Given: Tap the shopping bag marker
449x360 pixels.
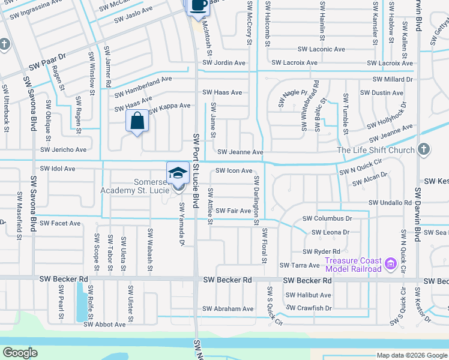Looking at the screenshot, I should (x=137, y=121).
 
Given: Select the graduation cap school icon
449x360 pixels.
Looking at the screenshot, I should (x=178, y=173).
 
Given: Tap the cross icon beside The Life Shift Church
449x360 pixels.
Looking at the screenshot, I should (x=424, y=148).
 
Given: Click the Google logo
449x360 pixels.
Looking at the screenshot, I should (x=20, y=352).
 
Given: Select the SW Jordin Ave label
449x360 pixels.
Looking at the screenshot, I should (x=224, y=62).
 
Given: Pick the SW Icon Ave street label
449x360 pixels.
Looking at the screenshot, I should (x=234, y=171).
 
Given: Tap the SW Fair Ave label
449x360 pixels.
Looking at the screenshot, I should (x=234, y=211).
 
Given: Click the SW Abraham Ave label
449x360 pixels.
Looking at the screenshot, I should (x=228, y=309).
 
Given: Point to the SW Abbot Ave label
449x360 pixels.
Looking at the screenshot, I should (x=104, y=324).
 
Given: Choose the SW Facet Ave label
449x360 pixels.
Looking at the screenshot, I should (x=59, y=223).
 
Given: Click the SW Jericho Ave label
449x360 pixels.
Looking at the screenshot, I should (x=63, y=149).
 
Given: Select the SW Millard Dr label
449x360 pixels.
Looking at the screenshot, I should (x=393, y=79).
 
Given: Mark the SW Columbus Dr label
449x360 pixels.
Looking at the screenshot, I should (x=327, y=219).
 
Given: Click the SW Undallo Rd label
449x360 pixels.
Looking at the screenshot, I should (x=391, y=203).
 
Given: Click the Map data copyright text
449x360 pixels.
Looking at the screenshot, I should (x=412, y=355).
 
